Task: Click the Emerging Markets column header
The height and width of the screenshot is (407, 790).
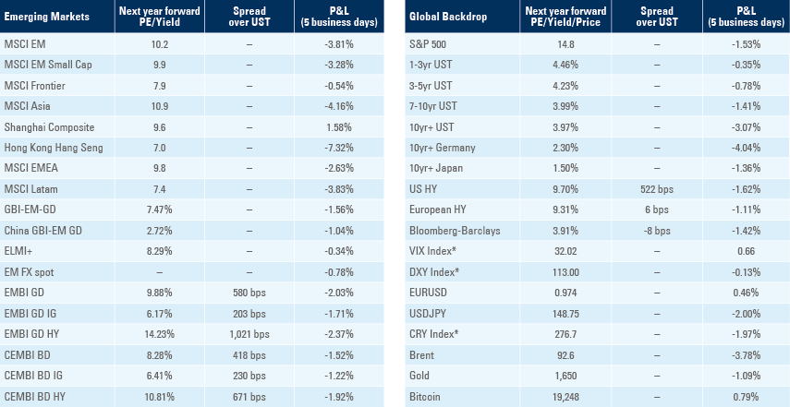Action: pos(40,18)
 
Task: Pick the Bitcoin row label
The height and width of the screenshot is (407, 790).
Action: pos(423,398)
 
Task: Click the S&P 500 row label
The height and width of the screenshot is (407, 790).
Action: pos(426,44)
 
